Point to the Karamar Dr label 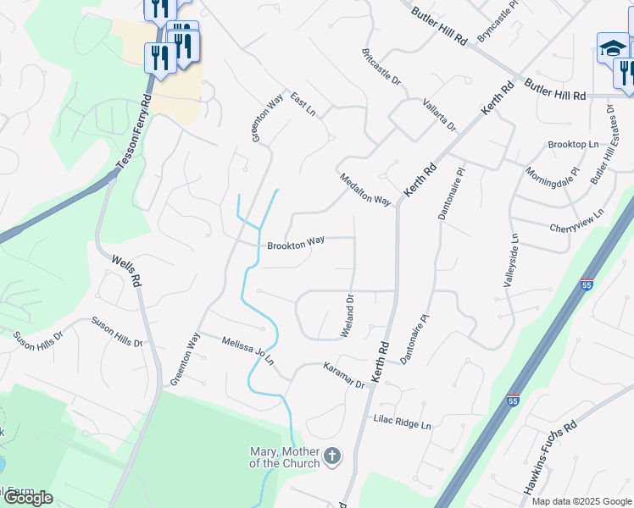pyautogui.click(x=343, y=374)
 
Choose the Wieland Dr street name pyautogui.click(x=347, y=316)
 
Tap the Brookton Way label pyautogui.click(x=296, y=243)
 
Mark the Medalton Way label pyautogui.click(x=365, y=190)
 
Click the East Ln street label pyautogui.click(x=303, y=105)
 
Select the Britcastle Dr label pyautogui.click(x=381, y=66)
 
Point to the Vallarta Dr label pyautogui.click(x=440, y=114)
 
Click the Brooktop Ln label pyautogui.click(x=573, y=145)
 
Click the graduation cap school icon pyautogui.click(x=612, y=48)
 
